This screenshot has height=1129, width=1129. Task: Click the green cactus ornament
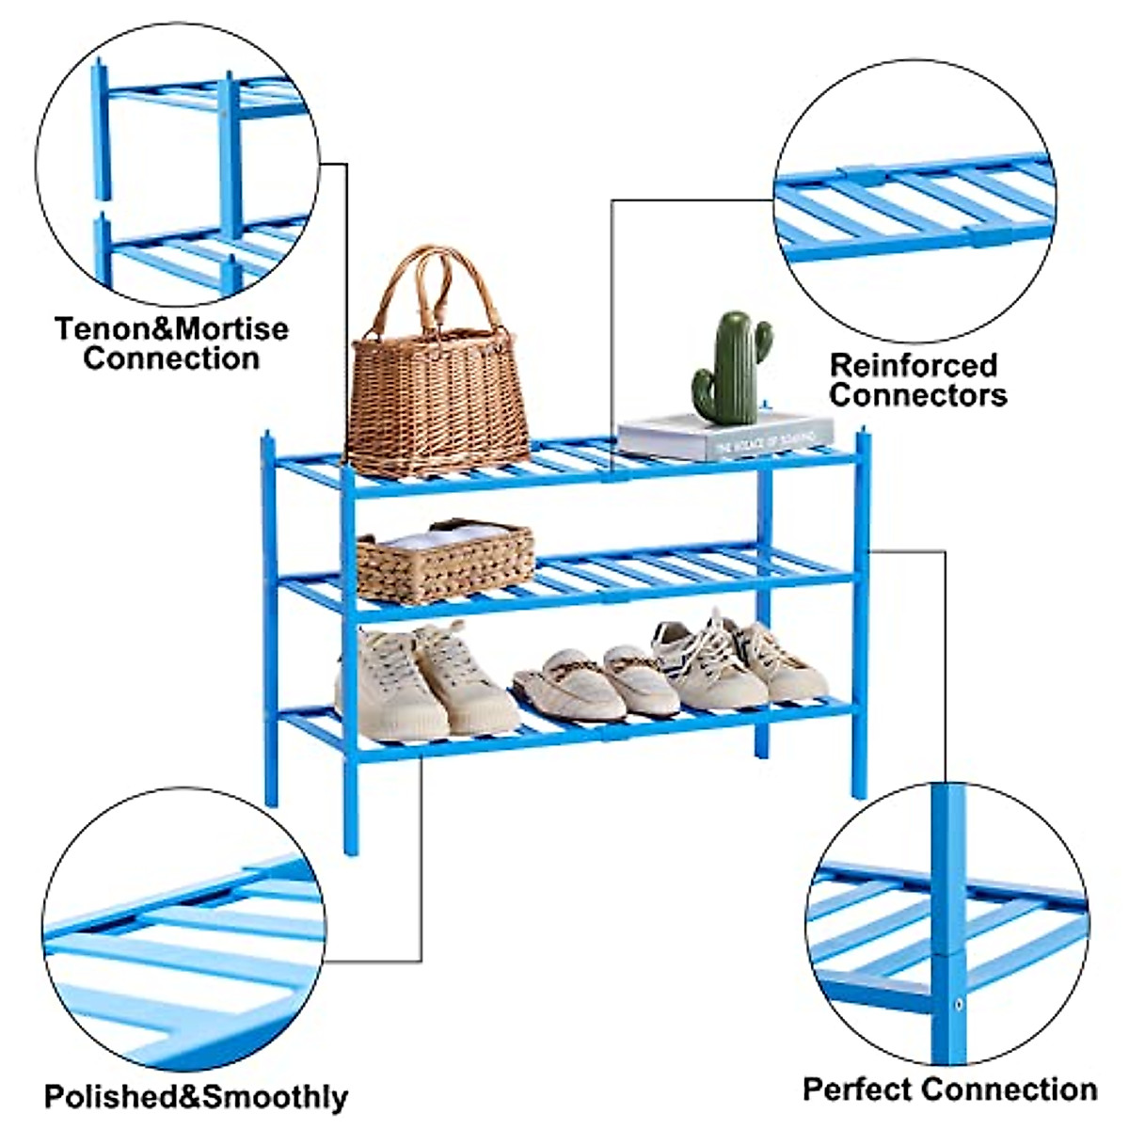click(x=732, y=368)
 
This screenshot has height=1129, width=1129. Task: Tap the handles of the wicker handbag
click(x=436, y=287)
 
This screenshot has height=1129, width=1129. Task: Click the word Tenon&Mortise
click(x=171, y=329)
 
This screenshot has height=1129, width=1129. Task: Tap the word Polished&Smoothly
click(x=196, y=1097)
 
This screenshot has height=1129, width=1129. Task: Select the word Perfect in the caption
click(x=859, y=1089)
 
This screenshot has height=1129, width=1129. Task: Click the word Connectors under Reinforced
click(x=917, y=395)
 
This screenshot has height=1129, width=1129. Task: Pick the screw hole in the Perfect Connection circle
click(x=959, y=1004)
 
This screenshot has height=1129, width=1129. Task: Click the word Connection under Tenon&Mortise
click(x=171, y=358)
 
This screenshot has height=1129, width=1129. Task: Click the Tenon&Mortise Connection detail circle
click(x=177, y=165)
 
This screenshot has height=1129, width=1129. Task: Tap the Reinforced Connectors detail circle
click(x=914, y=201)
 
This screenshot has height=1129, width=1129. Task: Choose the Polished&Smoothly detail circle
click(x=183, y=931)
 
